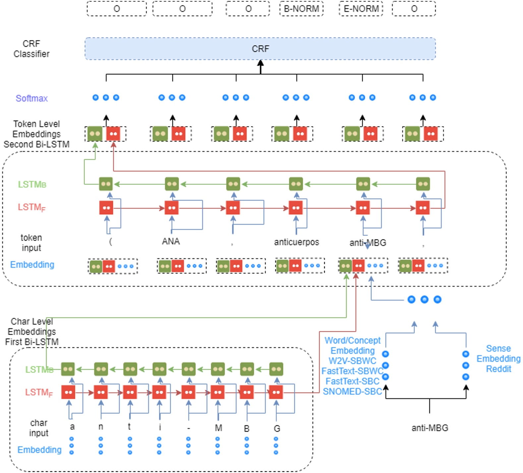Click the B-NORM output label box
[301, 9]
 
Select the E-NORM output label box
[361, 9]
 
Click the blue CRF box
[260, 49]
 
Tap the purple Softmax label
[32, 98]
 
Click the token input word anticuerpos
[296, 242]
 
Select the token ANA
[171, 241]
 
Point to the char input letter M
[218, 428]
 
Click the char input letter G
[277, 429]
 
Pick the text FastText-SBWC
[352, 371]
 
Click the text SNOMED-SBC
[352, 392]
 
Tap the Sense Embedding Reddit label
[498, 358]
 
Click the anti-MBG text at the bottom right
[430, 428]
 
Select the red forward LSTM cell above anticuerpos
[296, 208]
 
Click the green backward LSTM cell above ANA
[172, 184]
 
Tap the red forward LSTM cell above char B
[247, 393]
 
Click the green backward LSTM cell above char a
[68, 369]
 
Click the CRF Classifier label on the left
[31, 49]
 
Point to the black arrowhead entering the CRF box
[261, 63]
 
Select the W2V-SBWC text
[352, 361]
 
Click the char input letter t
[129, 427]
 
